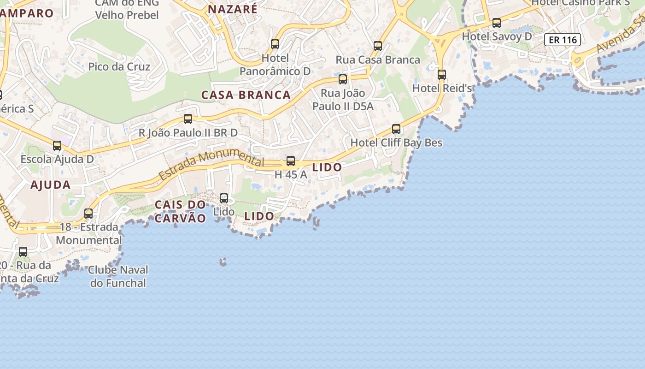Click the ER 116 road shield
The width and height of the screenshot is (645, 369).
pos(563,40)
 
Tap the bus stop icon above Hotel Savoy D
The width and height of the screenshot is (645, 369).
pos(497,23)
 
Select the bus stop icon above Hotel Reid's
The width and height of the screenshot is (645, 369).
pos(442,74)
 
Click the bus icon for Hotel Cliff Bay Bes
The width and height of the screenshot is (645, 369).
pos(396,129)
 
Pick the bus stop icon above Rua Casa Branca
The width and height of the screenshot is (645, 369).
pos(378,46)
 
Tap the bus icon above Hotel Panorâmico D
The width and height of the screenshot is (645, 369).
pos(275,44)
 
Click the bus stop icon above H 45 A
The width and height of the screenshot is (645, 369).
pos(291,161)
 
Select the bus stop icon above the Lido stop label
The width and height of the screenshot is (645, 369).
pos(224,198)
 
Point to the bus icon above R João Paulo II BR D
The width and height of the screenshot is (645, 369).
pos(188,119)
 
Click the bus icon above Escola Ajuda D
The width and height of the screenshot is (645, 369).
pos(57,146)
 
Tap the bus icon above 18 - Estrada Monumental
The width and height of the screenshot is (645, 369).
pos(88,214)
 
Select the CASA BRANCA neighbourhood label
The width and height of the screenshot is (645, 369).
pos(246,95)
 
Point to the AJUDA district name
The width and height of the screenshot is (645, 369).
pos(51,185)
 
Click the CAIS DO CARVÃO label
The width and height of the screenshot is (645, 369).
pos(180,211)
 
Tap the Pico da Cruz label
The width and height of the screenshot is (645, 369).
pos(119,67)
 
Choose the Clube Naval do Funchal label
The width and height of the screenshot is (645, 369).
pos(118,276)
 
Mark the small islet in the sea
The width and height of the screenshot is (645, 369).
pos(223,262)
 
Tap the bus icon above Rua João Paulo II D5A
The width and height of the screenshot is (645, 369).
pos(343,79)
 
